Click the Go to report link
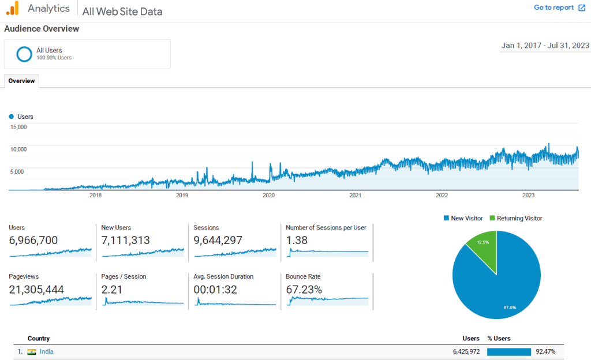(x=559, y=7)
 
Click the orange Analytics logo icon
(x=13, y=8)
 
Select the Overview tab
(x=21, y=81)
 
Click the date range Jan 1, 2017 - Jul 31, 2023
(x=545, y=46)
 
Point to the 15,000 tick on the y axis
(x=18, y=127)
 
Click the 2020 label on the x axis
(x=269, y=195)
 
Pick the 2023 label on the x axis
(x=529, y=195)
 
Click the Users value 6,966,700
(x=33, y=240)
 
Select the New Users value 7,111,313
(x=125, y=240)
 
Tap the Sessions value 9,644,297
(x=218, y=240)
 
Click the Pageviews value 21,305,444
(x=36, y=290)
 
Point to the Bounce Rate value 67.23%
(x=304, y=290)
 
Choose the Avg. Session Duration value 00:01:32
(x=215, y=290)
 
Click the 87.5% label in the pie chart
(x=510, y=307)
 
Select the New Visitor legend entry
(x=463, y=219)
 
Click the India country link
(x=46, y=351)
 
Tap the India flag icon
(x=32, y=352)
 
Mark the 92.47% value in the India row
(x=545, y=352)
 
